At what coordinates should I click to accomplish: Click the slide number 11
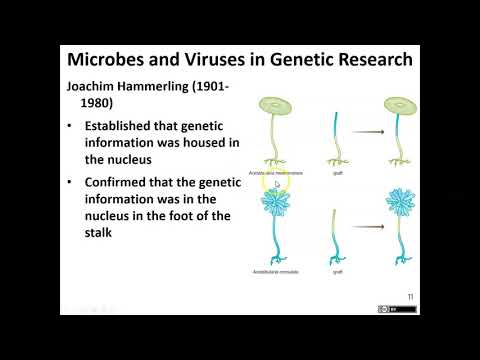(411, 296)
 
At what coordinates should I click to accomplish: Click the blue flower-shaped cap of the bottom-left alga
(275, 206)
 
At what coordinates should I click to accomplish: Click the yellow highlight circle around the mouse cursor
(276, 182)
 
